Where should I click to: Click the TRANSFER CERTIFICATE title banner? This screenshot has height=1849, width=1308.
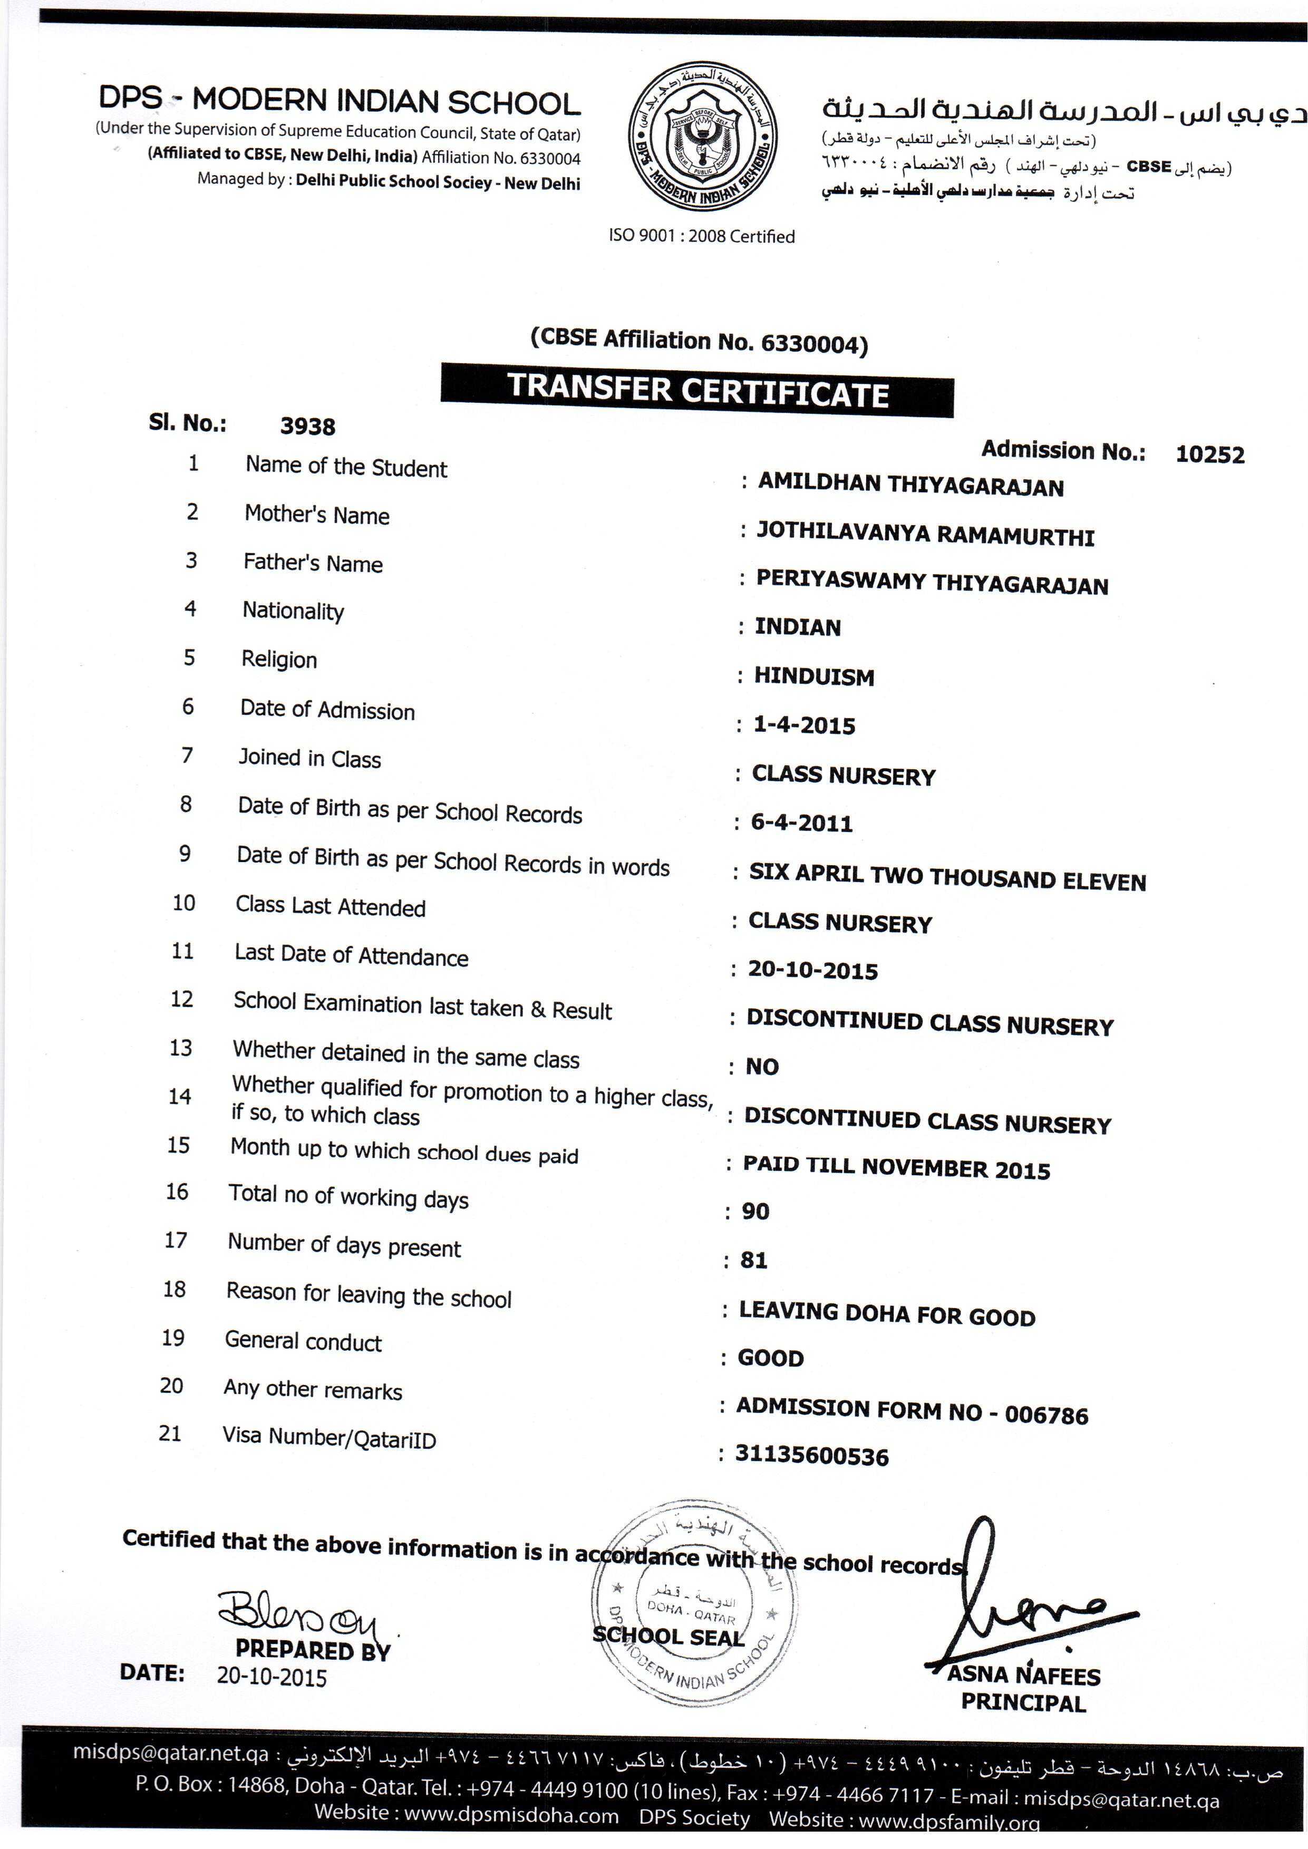click(697, 391)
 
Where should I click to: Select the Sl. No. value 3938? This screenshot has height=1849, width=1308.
click(308, 426)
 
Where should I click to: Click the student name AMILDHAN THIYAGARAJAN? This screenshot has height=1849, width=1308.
click(911, 485)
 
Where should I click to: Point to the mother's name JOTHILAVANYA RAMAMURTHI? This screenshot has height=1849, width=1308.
click(925, 535)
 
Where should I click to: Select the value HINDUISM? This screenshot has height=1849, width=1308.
click(815, 676)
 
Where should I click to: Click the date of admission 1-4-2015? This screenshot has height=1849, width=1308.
click(804, 725)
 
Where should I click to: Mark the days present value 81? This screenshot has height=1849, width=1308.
click(754, 1260)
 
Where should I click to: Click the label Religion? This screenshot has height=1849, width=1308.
click(279, 660)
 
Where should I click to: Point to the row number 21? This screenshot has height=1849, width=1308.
click(170, 1434)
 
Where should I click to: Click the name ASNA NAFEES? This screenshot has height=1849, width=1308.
click(1024, 1676)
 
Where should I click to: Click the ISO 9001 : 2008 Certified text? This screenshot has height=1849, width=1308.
click(702, 237)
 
